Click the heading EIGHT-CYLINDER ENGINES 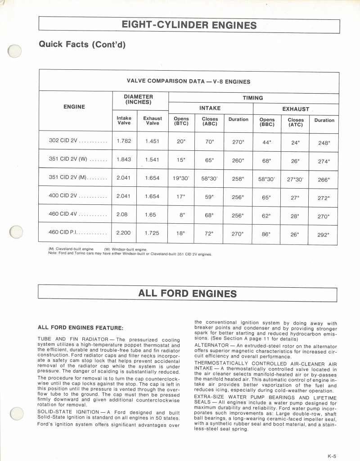(189, 25)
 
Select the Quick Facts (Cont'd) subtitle (81, 44)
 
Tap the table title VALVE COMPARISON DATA (189, 81)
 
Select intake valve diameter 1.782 (124, 141)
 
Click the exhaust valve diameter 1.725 (152, 233)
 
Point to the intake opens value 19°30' (181, 178)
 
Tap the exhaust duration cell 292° (324, 235)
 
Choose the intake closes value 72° (209, 234)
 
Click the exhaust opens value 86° (266, 234)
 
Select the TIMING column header (252, 98)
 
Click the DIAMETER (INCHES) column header (138, 99)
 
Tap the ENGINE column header (74, 107)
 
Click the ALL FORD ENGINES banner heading (187, 294)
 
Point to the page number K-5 (332, 456)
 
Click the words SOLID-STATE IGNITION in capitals (70, 412)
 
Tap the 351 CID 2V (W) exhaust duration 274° (324, 161)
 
